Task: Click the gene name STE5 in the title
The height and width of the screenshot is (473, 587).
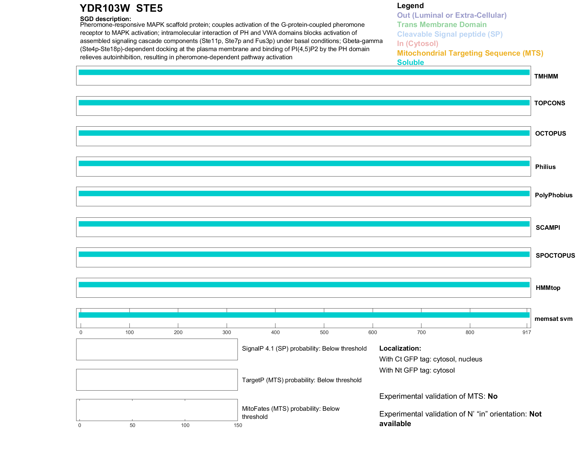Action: [149, 8]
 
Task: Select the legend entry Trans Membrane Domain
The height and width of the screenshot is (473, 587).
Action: [442, 25]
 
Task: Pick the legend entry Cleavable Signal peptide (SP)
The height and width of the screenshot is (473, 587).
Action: [450, 34]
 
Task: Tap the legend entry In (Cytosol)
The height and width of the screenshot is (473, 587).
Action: [418, 44]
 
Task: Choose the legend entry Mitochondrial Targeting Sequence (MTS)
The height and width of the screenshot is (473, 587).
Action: [470, 53]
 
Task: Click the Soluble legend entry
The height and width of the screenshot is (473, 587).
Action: [410, 63]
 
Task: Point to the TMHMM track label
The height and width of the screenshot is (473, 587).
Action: [546, 76]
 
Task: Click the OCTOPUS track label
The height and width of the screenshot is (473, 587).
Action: [550, 134]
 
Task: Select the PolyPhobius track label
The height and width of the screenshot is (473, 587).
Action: [554, 195]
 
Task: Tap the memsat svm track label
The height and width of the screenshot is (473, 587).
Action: [553, 319]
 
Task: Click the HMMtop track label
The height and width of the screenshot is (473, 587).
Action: [548, 288]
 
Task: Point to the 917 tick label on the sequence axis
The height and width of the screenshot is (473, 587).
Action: [526, 332]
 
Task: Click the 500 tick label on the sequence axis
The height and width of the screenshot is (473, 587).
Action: [324, 332]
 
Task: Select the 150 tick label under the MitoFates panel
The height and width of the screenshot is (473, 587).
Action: [238, 425]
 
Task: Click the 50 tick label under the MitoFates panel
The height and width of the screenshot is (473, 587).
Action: [132, 425]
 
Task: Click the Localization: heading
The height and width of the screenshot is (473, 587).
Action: [400, 348]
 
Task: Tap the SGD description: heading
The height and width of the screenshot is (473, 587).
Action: [105, 19]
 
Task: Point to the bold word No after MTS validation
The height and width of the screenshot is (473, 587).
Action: [492, 396]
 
